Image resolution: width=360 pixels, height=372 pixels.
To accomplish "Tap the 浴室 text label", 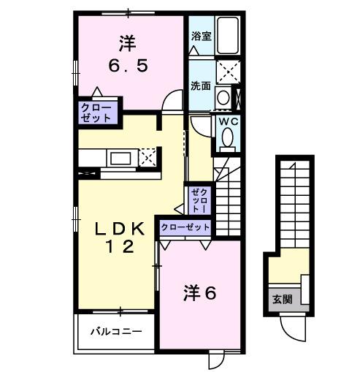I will coord(202,35).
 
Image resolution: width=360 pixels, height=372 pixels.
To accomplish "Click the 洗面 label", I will coord(201,85).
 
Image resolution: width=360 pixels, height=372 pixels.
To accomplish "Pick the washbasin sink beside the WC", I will coord(223,98).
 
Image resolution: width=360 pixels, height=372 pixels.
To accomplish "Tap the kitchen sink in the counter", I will coord(120,158).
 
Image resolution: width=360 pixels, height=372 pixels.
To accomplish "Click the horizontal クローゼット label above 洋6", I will coord(185,227).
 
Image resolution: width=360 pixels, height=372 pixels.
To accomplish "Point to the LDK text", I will coord(119,228).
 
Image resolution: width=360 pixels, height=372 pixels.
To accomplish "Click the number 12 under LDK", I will coord(120,247).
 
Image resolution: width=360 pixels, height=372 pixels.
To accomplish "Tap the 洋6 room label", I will coord(199,294).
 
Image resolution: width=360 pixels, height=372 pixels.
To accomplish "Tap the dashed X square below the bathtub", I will coord(231,71).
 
